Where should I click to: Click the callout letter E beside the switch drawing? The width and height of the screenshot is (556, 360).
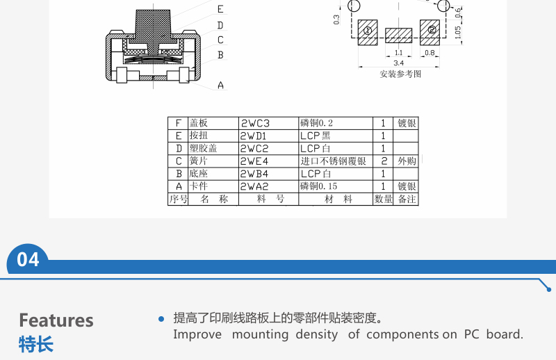pos(220,9)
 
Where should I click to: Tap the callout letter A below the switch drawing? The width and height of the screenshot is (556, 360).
pos(220,85)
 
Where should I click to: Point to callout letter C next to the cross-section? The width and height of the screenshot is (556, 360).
pos(220,40)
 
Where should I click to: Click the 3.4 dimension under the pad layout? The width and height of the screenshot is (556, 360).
pos(398,63)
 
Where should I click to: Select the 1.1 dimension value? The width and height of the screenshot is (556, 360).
pos(398,53)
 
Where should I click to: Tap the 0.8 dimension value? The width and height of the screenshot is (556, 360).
pos(430,53)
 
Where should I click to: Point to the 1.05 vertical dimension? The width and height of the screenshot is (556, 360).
pos(458,32)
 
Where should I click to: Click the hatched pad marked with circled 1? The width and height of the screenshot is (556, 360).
pos(368,32)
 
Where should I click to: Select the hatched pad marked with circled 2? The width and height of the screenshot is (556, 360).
pos(430,32)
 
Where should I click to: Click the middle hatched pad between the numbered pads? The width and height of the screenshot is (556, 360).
pos(398,35)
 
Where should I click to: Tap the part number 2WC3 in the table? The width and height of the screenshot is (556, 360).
pos(255,124)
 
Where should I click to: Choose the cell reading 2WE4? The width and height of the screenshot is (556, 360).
pos(254,161)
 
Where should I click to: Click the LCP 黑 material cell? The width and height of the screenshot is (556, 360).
pos(316,136)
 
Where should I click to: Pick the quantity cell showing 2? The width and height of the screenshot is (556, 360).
pos(384,161)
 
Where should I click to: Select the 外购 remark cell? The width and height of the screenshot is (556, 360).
pos(407,161)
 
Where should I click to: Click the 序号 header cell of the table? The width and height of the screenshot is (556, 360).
pos(178,199)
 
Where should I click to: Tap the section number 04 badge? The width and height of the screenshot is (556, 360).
pos(28,260)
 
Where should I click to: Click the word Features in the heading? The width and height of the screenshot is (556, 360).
pos(56,320)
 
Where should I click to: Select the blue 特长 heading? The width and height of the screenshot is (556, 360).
pos(36,344)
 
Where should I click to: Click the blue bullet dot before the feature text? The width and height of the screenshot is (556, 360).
pos(161,319)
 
